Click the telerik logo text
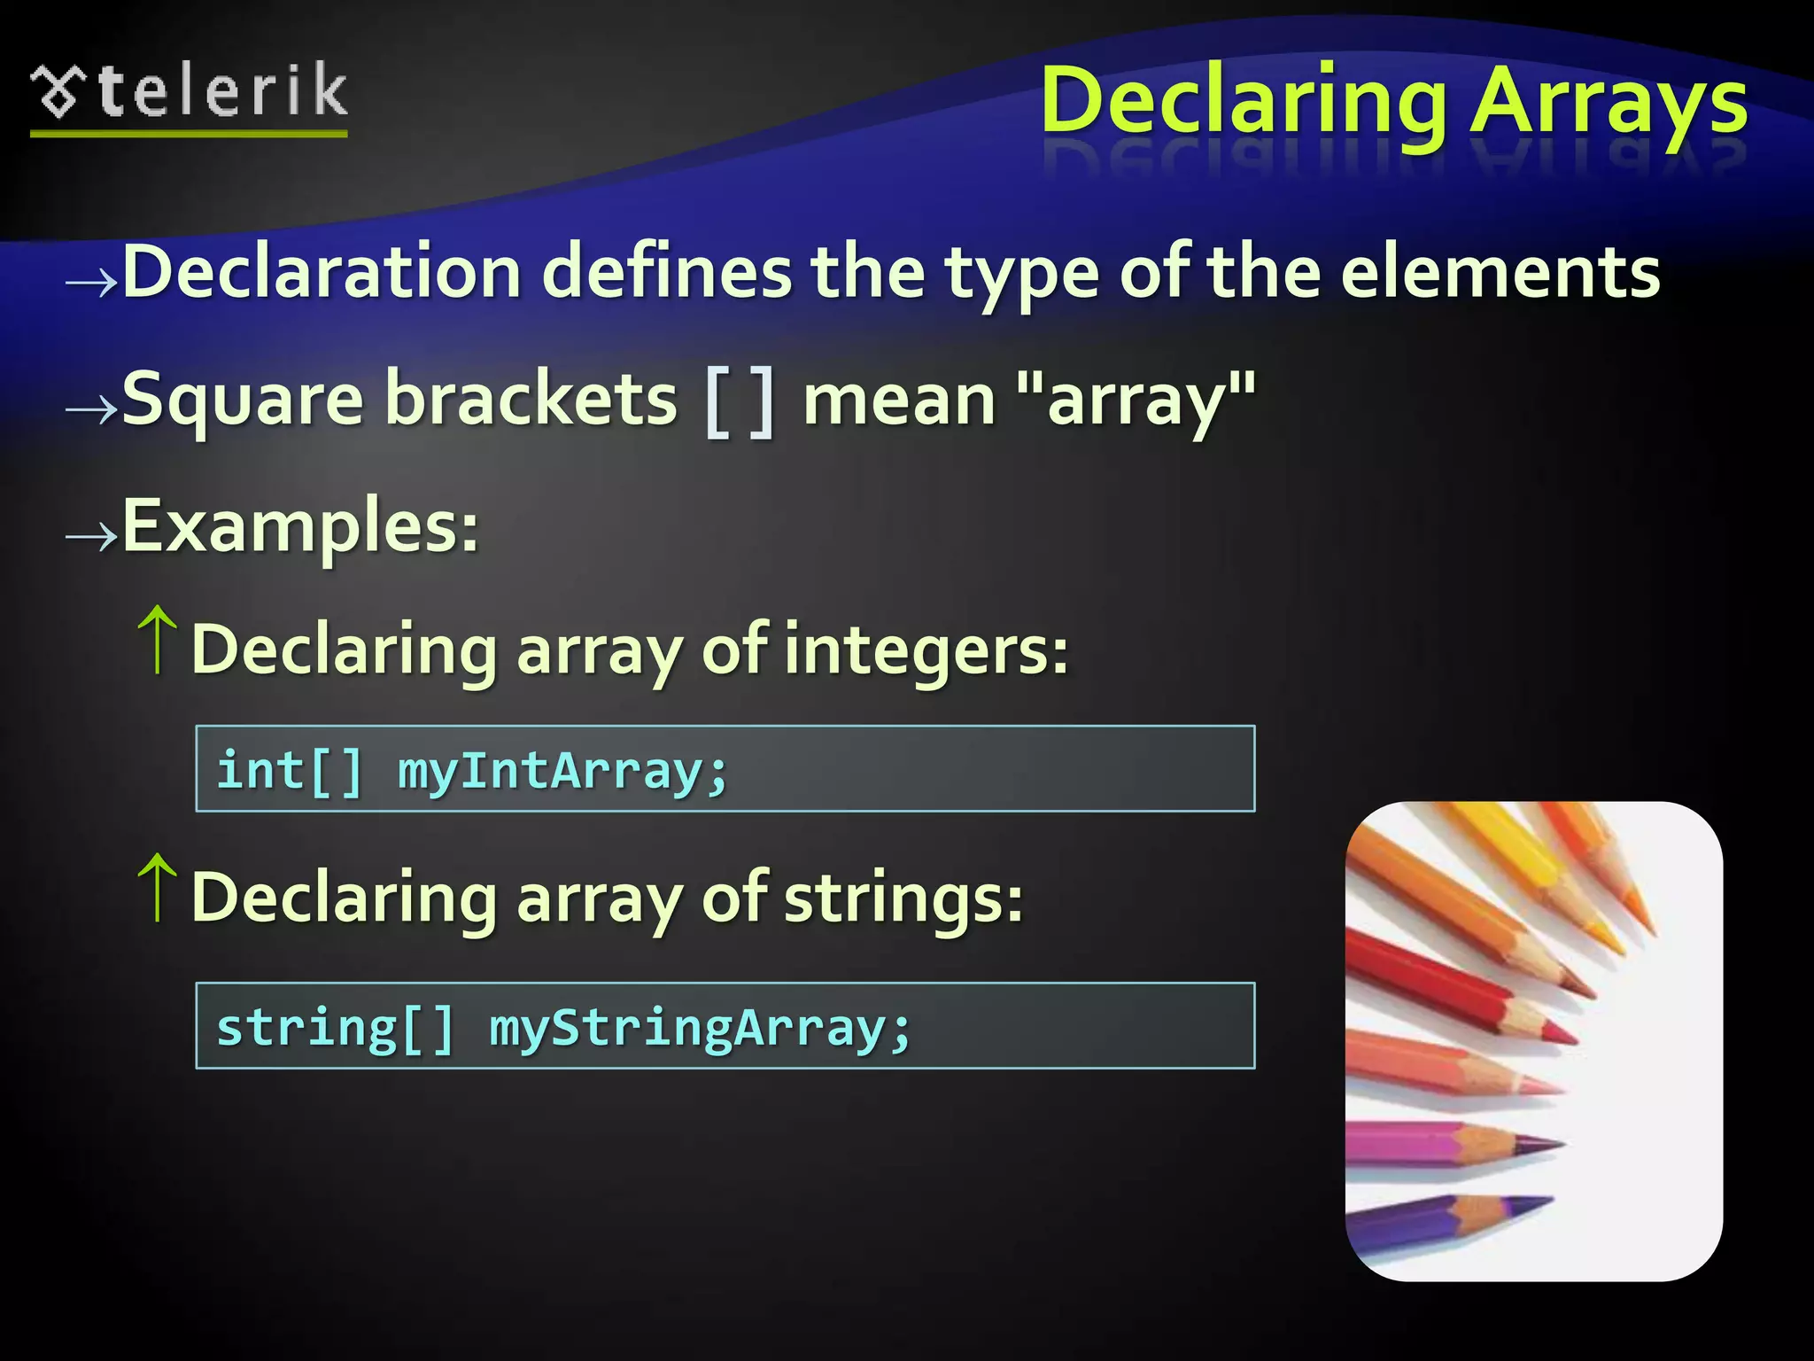221,92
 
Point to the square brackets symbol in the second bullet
740,403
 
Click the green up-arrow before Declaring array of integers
158,640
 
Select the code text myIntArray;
562,771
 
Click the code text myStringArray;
700,1028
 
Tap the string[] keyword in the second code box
335,1028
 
